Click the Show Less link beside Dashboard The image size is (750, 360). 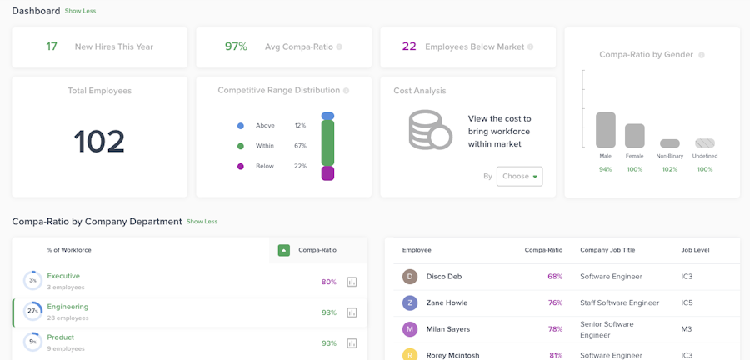(x=79, y=11)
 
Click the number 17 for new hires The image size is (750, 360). (x=52, y=47)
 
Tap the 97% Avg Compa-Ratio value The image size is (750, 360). (x=236, y=47)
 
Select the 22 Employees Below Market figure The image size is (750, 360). (x=409, y=47)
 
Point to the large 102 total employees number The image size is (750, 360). (x=99, y=142)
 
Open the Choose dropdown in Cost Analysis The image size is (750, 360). (x=519, y=176)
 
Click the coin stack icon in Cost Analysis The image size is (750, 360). (x=430, y=130)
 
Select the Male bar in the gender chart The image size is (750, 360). (x=606, y=130)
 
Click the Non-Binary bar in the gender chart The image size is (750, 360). (x=670, y=143)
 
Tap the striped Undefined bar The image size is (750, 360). (x=705, y=143)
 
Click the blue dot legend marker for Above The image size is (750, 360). (x=241, y=126)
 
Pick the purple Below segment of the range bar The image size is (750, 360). (x=327, y=173)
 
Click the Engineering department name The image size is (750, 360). (x=67, y=307)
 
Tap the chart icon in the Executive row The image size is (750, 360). (x=352, y=282)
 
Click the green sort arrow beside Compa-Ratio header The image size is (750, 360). (x=284, y=250)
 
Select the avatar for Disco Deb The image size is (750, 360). (x=410, y=277)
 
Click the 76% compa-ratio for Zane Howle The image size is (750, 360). (x=555, y=302)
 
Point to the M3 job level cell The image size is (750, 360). (x=687, y=329)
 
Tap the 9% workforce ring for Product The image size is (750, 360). (x=32, y=342)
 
